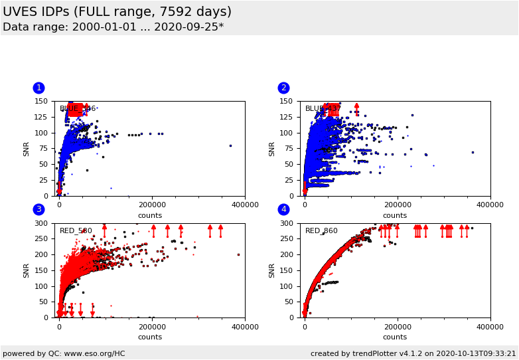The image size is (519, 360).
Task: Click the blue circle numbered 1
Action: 38,88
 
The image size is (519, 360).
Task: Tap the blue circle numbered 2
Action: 283,88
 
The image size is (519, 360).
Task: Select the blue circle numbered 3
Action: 38,209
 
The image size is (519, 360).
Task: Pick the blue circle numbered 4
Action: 283,209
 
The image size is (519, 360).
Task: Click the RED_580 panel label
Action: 76,231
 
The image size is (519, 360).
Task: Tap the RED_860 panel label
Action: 321,231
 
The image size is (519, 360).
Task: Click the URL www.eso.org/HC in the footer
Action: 94,353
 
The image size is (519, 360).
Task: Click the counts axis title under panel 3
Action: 149,337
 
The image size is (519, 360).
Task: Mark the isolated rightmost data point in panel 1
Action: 230,145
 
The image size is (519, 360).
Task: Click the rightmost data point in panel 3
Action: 238,254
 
